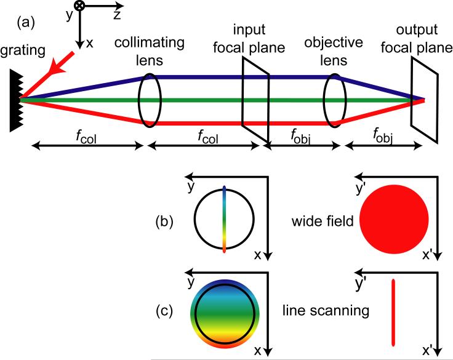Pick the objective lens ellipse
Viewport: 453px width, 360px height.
click(x=333, y=99)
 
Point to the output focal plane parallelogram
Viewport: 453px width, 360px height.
click(x=425, y=99)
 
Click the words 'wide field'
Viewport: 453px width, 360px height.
click(x=324, y=220)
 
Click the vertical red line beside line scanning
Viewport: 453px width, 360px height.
click(x=393, y=311)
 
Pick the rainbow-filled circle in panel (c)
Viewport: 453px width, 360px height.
click(x=225, y=311)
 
